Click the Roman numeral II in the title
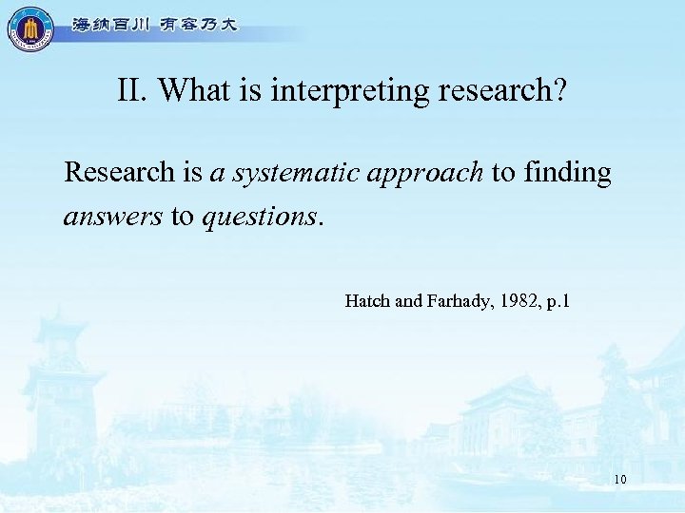(x=133, y=90)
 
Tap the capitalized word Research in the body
(x=119, y=172)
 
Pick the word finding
(x=567, y=173)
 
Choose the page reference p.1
(x=557, y=302)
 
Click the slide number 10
(x=619, y=480)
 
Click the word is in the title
(x=251, y=90)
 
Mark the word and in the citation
(x=407, y=301)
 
